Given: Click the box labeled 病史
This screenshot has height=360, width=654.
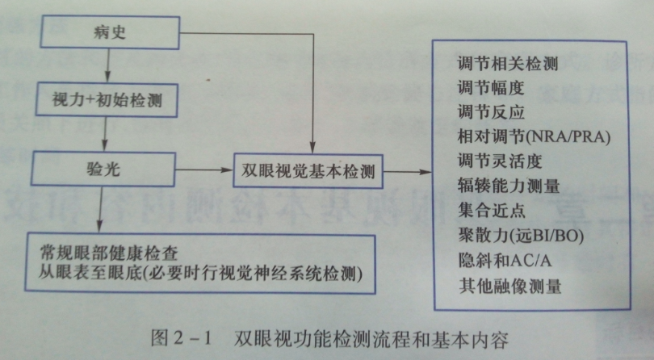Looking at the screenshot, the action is point(110,32).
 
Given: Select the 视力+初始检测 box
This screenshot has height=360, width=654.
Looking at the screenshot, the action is point(107,100).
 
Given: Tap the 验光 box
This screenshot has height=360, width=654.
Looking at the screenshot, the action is point(103,169).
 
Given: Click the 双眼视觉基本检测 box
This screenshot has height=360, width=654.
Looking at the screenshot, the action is point(308,171).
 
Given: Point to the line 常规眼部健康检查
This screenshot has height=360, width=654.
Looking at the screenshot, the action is point(109,253).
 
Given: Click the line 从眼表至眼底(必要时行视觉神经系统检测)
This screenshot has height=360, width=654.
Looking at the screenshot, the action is point(200,274).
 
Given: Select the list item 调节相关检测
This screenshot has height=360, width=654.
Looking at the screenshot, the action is point(508,64).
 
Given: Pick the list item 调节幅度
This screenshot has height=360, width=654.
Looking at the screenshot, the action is point(491,88).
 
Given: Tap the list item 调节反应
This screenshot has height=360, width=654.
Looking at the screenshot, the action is point(491,112).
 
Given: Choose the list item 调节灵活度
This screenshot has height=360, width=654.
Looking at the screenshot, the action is point(500,161).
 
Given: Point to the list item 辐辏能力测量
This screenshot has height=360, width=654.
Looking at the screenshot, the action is point(509,186).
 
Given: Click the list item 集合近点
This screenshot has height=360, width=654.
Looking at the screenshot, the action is point(492,210).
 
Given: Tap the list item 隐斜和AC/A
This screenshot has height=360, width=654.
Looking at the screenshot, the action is point(505,261).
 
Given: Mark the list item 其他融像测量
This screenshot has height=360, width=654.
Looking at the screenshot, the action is point(509,287).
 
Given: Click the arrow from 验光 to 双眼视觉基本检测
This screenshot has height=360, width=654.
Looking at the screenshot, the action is point(204,170).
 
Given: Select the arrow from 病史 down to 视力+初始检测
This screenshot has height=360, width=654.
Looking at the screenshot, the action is point(108,66).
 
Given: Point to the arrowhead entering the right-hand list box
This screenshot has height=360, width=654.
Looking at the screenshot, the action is point(427,172).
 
